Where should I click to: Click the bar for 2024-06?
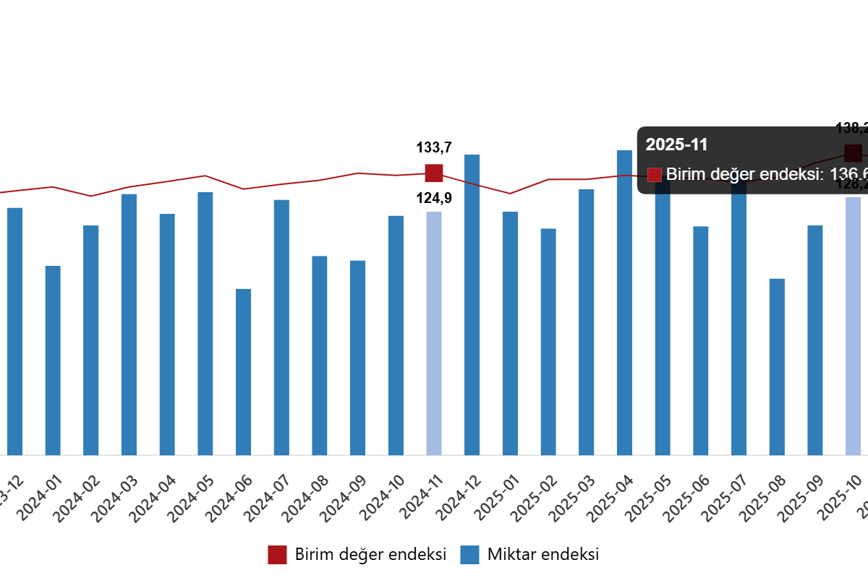point(244,372)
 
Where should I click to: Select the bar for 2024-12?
point(472,304)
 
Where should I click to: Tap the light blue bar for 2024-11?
point(434,333)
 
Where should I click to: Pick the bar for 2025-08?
point(777,366)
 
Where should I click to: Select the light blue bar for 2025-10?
point(854,326)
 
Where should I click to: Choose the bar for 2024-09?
point(358,358)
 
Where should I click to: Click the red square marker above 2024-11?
point(434,173)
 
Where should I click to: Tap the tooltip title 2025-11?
point(676,144)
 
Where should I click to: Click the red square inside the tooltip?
point(655,174)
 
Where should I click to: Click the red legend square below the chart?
point(277,555)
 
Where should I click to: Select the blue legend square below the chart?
point(469,555)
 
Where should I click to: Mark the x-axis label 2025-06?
point(683,499)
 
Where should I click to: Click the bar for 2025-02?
point(548,342)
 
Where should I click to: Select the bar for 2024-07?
point(281,327)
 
